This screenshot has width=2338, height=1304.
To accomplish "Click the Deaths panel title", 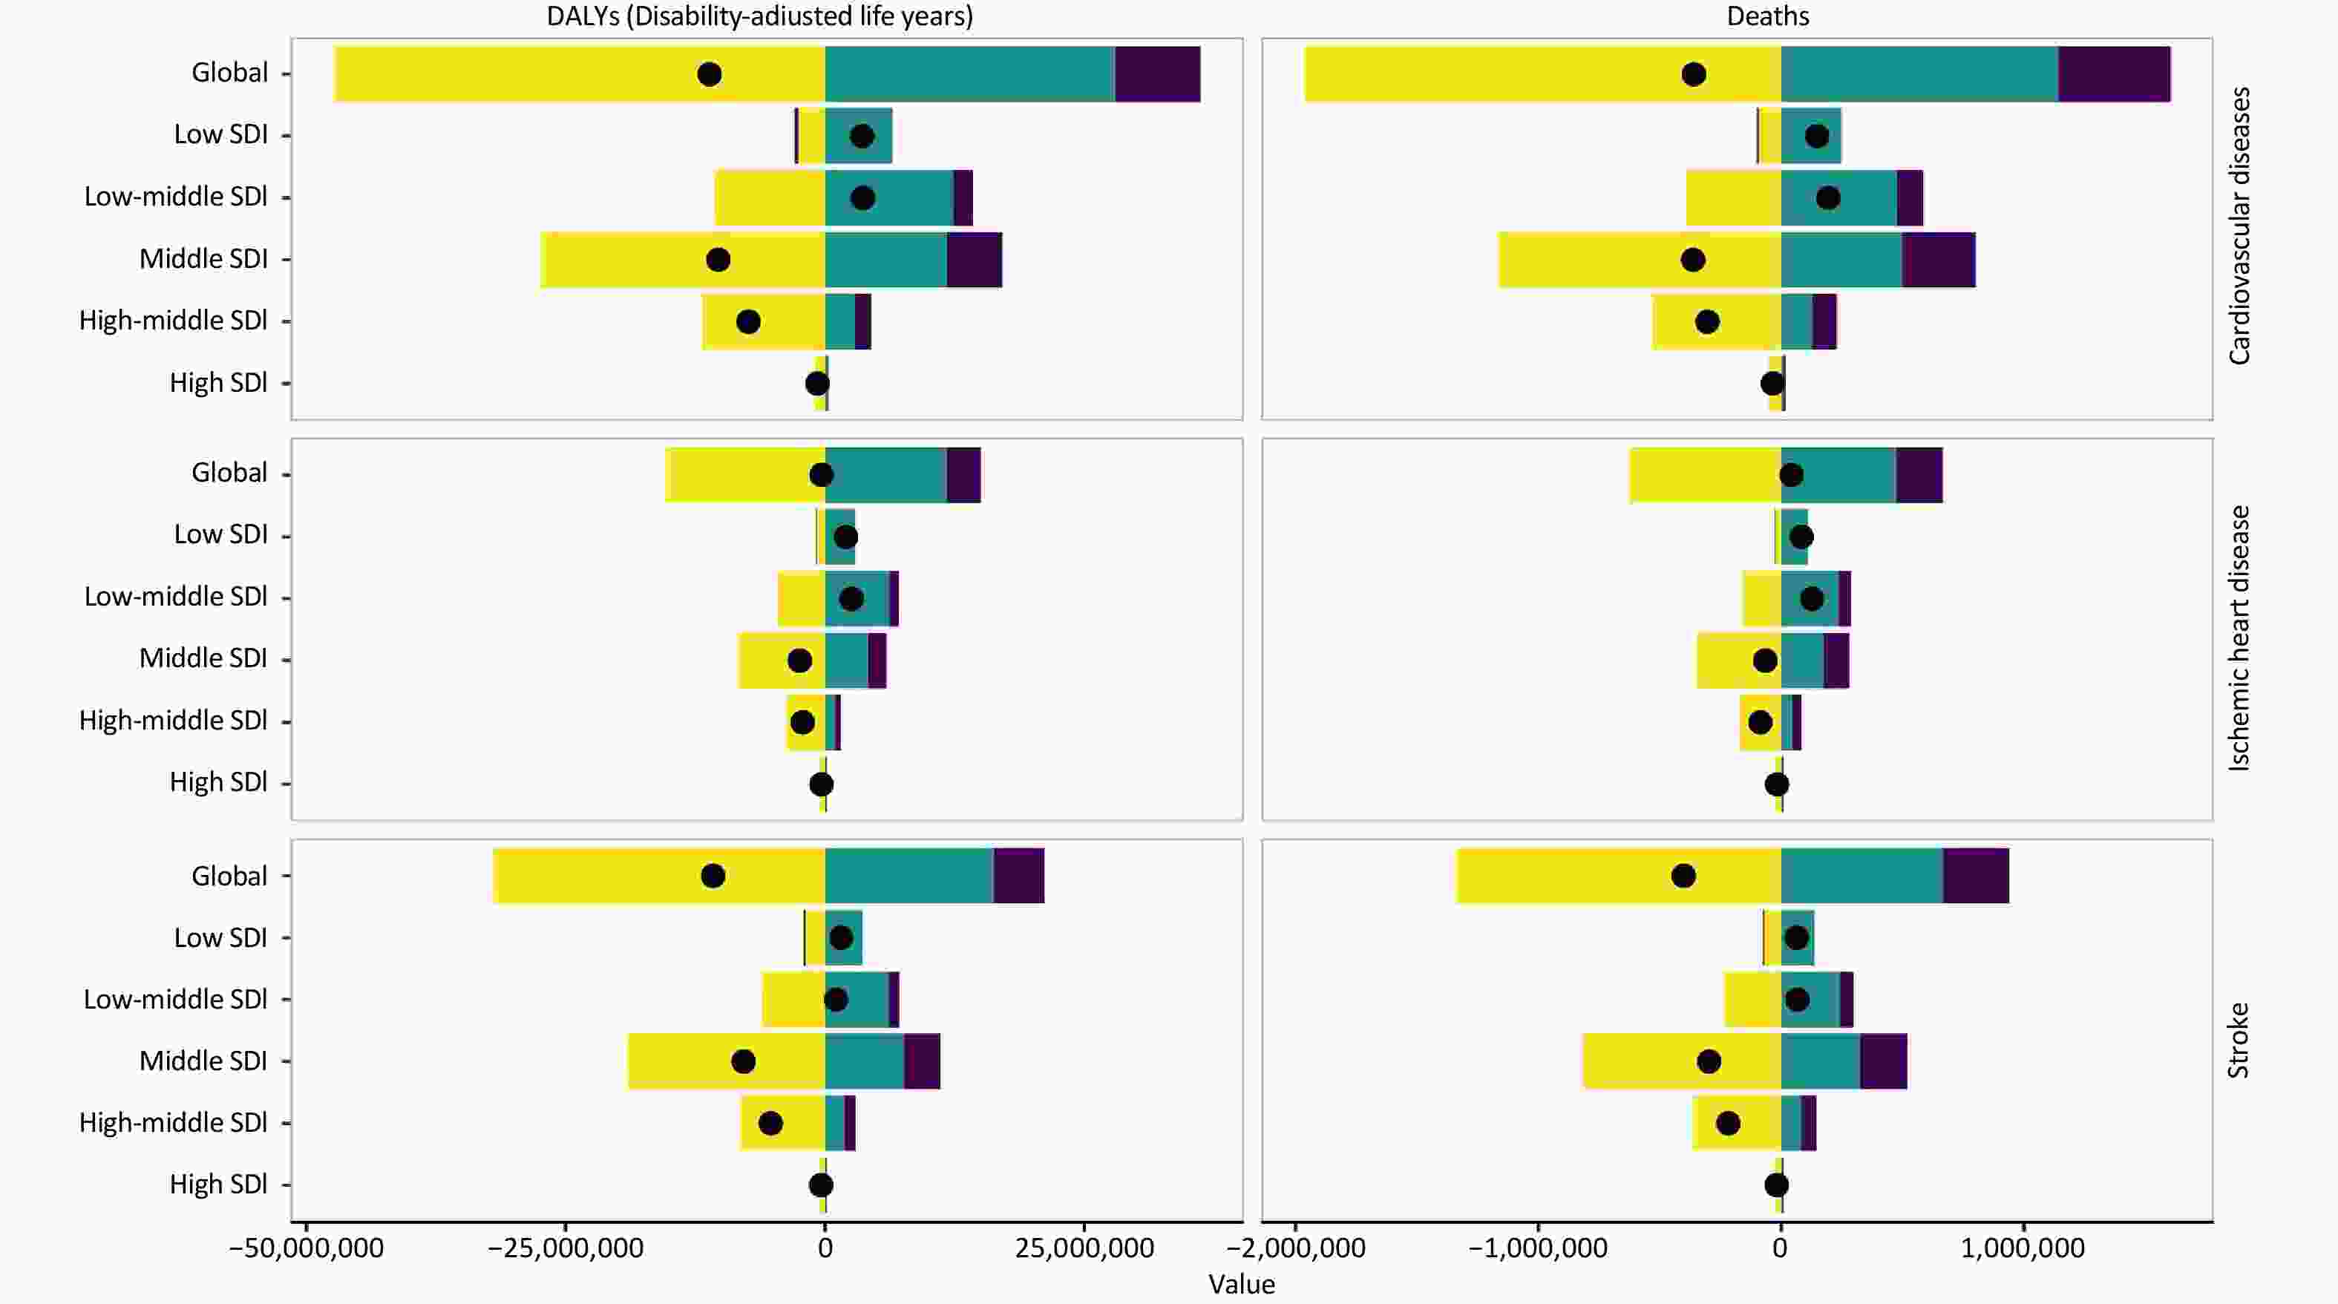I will click(x=1767, y=16).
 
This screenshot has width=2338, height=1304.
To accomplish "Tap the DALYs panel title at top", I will click(x=760, y=16).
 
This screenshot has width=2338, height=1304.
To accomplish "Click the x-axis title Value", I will click(x=1241, y=1285).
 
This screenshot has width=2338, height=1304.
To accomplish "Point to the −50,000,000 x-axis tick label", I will click(x=306, y=1248).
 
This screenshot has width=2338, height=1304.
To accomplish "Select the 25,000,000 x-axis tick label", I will click(x=1084, y=1248).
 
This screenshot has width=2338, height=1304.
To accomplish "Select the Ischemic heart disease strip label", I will click(x=2240, y=638).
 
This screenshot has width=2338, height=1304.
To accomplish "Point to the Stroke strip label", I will click(x=2240, y=1040).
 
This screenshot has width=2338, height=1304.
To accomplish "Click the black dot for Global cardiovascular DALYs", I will click(x=710, y=74).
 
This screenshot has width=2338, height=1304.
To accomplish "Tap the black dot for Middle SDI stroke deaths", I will click(x=1709, y=1062).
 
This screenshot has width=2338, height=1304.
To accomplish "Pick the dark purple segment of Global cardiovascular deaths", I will click(x=2114, y=74).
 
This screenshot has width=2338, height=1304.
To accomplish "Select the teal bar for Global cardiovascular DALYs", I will click(x=969, y=74).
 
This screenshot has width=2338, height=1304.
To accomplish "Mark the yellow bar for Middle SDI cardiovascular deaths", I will click(x=1588, y=261).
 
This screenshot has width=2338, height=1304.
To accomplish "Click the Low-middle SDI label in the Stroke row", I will click(x=175, y=999).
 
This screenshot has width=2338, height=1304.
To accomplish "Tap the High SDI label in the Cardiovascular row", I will click(x=217, y=383).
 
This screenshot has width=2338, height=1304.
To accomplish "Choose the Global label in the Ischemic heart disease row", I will click(x=229, y=473).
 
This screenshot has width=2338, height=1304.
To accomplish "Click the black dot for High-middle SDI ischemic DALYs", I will click(x=802, y=723).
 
